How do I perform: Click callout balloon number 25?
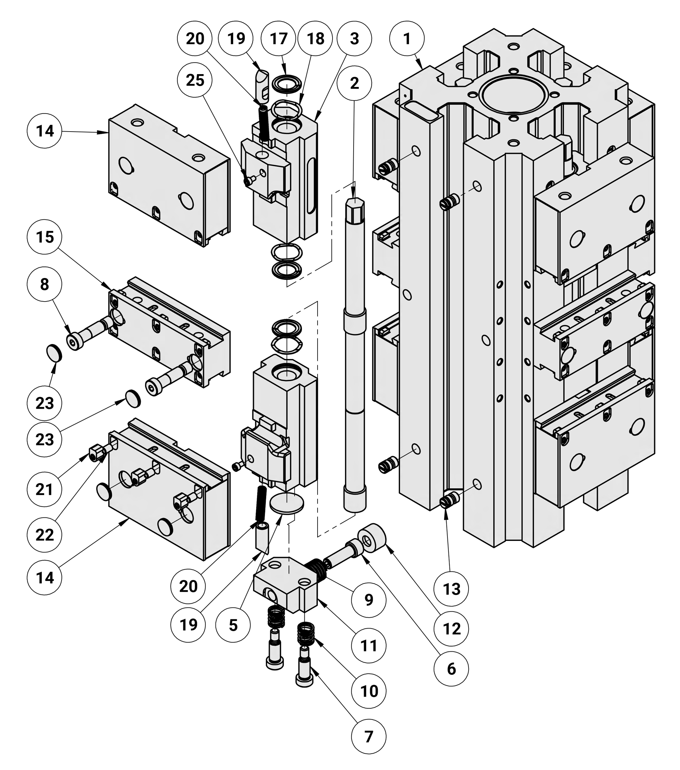(x=195, y=80)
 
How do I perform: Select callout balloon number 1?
(x=407, y=38)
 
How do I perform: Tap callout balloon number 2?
(x=354, y=83)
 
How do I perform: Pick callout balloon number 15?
(x=45, y=237)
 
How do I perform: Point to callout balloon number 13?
(x=451, y=589)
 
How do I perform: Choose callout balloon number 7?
(x=369, y=736)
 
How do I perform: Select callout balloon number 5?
(x=233, y=625)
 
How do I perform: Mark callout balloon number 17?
(x=278, y=38)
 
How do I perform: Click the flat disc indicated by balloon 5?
(x=287, y=504)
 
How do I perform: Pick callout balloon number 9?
(x=369, y=600)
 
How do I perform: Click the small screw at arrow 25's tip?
(x=248, y=181)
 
